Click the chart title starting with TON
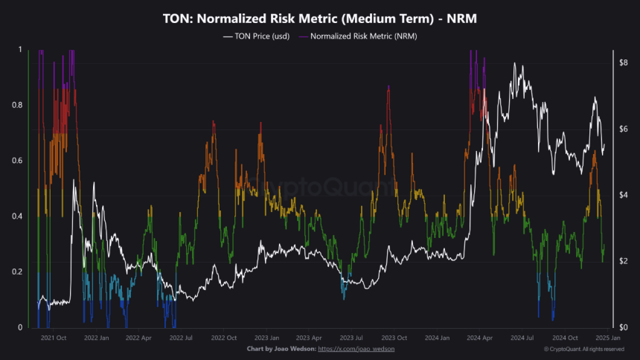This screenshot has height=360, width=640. tap(320, 18)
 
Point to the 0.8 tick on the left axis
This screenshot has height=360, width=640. tap(17, 105)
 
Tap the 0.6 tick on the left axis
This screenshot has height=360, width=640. tap(17, 161)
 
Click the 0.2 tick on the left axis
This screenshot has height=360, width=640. tap(17, 272)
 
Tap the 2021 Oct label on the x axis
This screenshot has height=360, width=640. tap(54, 338)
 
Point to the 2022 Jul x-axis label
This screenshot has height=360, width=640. tap(180, 338)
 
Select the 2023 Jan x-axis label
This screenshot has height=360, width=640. tap(266, 338)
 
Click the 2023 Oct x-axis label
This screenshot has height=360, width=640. tap(394, 338)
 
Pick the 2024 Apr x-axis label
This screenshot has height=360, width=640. tap(479, 338)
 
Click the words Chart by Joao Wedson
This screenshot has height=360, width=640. tap(281, 349)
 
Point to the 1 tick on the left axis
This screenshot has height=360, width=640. tap(19, 49)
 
